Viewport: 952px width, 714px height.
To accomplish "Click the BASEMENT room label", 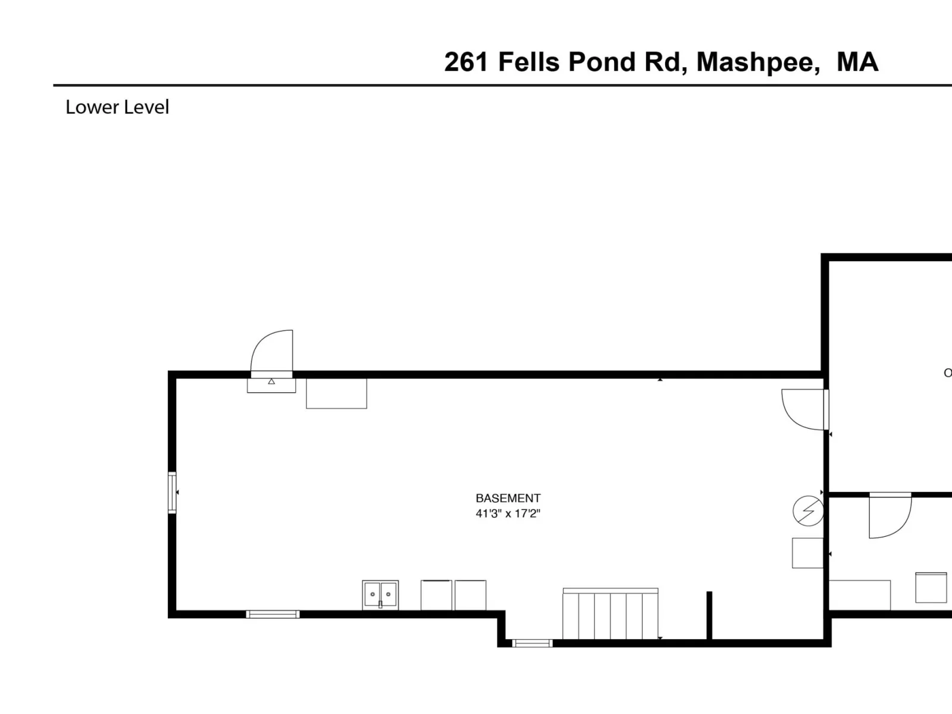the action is pyautogui.click(x=508, y=498).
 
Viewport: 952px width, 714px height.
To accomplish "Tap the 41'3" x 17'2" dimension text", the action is pyautogui.click(x=508, y=513).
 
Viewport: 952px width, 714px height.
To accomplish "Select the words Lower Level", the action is pyautogui.click(x=117, y=107).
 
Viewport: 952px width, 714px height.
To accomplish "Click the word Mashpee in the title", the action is pyautogui.click(x=758, y=61).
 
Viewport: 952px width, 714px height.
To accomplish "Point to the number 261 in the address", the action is pyautogui.click(x=466, y=61).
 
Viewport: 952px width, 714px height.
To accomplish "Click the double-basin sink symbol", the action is pyautogui.click(x=380, y=595).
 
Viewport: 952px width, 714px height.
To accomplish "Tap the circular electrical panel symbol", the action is pyautogui.click(x=808, y=511).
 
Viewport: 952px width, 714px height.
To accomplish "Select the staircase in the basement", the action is pyautogui.click(x=610, y=613).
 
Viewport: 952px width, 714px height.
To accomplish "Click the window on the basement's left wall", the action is pyautogui.click(x=172, y=493).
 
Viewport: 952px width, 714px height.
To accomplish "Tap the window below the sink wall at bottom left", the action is pyautogui.click(x=273, y=614).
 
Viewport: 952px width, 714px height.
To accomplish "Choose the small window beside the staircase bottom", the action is pyautogui.click(x=532, y=643).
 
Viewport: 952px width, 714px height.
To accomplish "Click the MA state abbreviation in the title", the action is pyautogui.click(x=857, y=61).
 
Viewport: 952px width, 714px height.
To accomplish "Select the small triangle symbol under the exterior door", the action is pyautogui.click(x=271, y=381).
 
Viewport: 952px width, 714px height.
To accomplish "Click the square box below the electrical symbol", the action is pyautogui.click(x=807, y=553).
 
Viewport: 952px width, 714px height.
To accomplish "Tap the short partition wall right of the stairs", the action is pyautogui.click(x=710, y=615).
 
